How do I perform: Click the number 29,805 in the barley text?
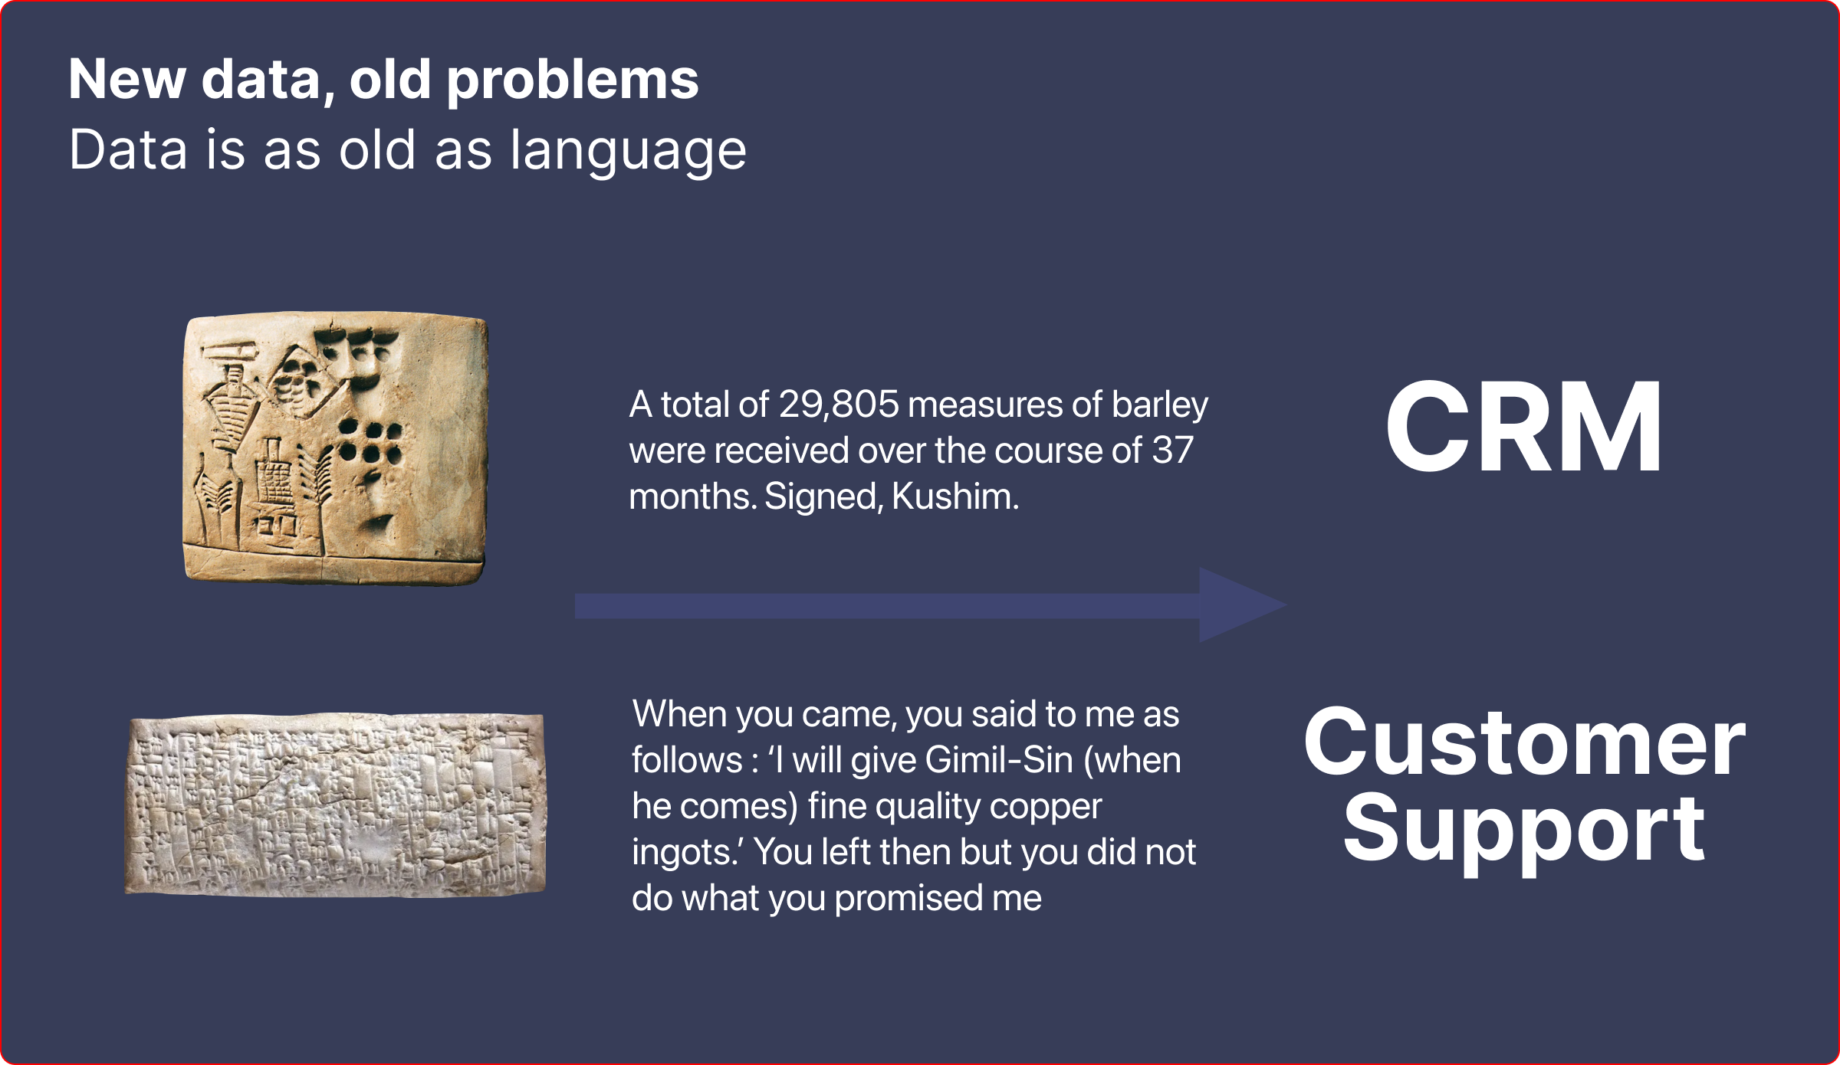pos(838,405)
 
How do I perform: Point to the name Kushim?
pos(955,496)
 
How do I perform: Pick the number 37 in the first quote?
pos(1172,451)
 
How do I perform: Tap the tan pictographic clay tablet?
pos(335,448)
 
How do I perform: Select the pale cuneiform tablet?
pos(336,804)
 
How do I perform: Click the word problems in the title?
pos(573,81)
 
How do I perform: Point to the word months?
pos(693,496)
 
